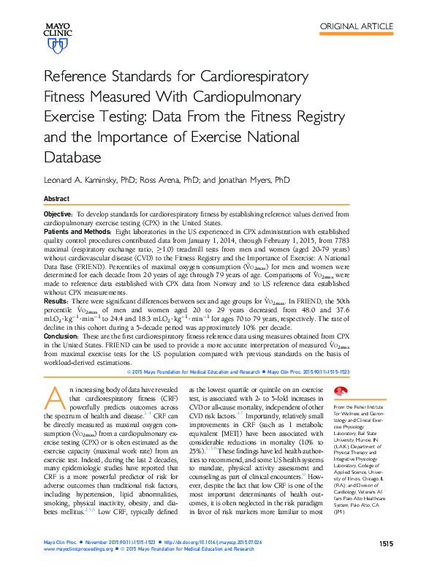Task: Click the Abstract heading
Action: coord(57,199)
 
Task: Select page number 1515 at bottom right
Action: coord(387,543)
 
